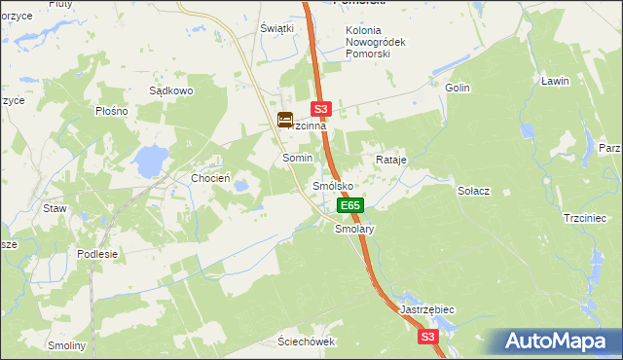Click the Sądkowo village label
click(171, 90)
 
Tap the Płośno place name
click(112, 111)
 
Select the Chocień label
click(210, 178)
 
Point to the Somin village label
click(297, 158)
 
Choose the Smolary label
click(354, 230)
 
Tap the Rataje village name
click(390, 159)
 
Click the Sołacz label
click(473, 191)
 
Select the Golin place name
click(458, 88)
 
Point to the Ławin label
click(555, 81)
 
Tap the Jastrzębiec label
click(427, 308)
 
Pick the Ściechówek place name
click(306, 342)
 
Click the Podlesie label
click(97, 254)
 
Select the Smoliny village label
click(67, 345)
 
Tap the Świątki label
click(276, 28)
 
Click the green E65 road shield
click(350, 205)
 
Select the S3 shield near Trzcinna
click(323, 110)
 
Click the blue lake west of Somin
click(150, 161)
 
